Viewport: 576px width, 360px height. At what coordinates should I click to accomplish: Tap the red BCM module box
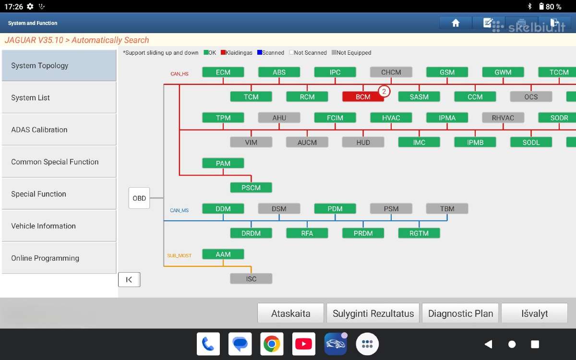363,96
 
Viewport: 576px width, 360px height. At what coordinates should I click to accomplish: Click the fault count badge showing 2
384,91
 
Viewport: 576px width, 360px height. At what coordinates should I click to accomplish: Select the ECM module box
223,72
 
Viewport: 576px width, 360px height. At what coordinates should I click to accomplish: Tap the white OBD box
139,198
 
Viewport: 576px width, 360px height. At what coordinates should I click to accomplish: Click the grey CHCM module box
391,72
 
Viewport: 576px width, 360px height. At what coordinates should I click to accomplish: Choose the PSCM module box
251,188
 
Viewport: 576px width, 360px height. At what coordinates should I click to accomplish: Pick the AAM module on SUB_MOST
223,254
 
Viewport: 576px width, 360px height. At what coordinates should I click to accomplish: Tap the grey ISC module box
251,279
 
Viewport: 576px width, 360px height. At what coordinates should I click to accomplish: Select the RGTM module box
419,233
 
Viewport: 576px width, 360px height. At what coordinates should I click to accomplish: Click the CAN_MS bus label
179,210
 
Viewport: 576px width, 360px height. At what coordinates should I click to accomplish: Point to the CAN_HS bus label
180,74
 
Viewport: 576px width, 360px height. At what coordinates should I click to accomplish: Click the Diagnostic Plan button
460,313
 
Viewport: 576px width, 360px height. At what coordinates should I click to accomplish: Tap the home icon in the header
456,23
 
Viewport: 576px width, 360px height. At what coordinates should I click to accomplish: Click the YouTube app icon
304,344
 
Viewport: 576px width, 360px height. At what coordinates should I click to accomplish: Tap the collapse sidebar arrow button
129,279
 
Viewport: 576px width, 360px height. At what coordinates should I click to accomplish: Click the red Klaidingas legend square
223,52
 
